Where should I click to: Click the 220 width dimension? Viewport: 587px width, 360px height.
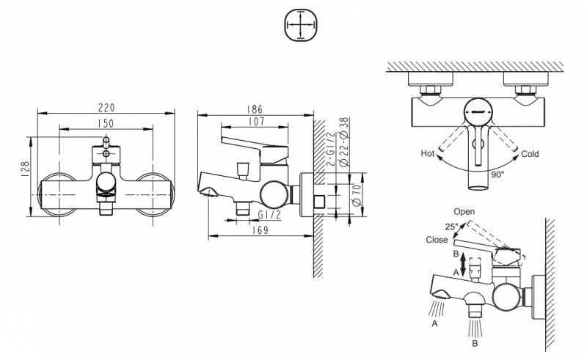coord(106,106)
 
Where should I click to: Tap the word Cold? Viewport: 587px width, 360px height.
coord(531,155)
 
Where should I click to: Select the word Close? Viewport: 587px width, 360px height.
coord(437,240)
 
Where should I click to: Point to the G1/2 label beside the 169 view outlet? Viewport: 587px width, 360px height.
coord(269,215)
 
